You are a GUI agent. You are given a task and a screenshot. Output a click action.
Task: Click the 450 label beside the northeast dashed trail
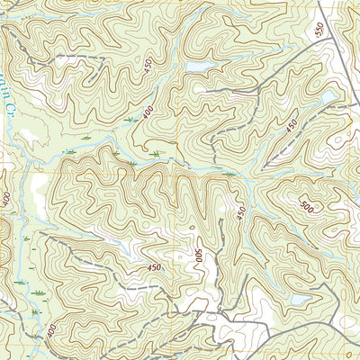290,128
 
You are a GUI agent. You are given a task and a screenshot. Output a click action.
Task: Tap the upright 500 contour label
308,207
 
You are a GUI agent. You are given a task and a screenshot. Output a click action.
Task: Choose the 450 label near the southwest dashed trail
155,267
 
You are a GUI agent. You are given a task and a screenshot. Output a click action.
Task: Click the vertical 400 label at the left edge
6,199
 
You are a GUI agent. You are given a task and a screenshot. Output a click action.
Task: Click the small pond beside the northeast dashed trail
328,96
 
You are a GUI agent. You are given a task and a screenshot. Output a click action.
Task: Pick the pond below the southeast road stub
299,298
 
